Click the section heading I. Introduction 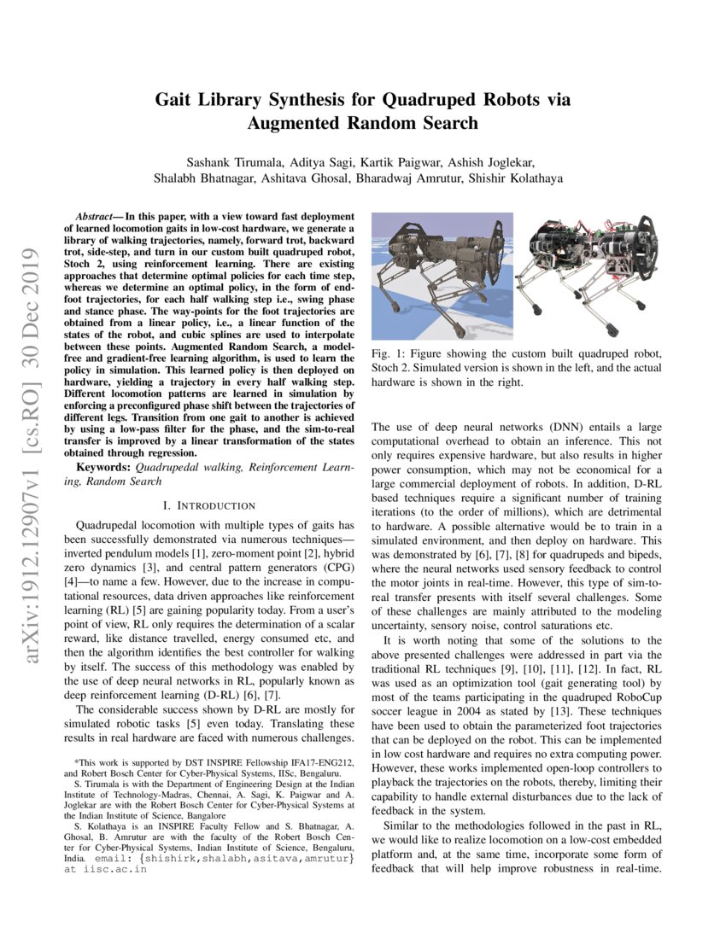click(x=208, y=505)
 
